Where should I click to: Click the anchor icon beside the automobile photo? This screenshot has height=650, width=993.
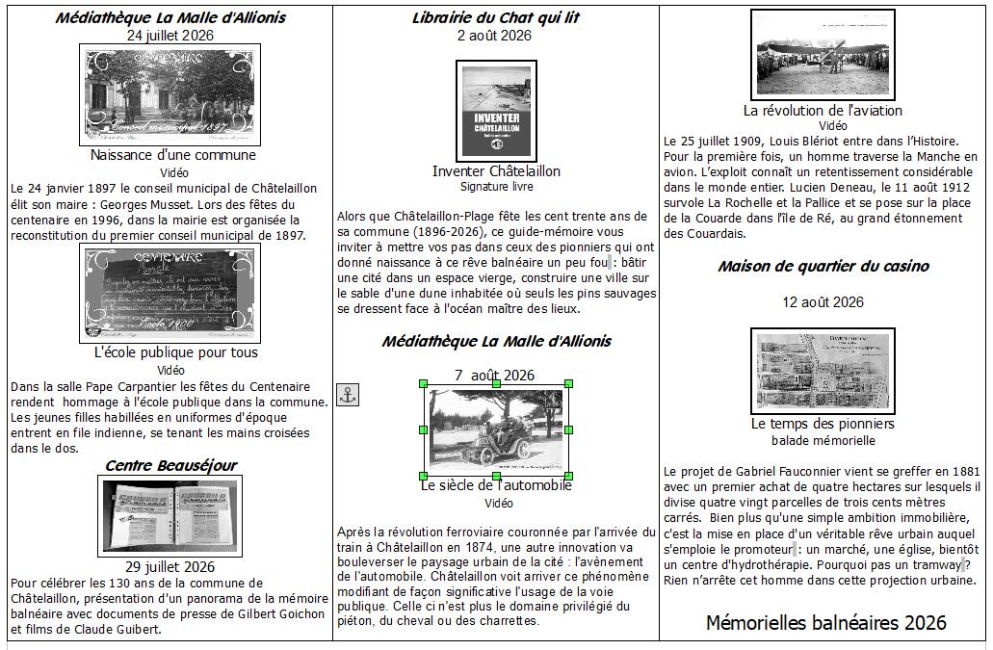coord(348,394)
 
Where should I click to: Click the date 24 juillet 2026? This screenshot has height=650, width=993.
coord(170,35)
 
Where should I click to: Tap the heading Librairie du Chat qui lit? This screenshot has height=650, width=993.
coord(496,17)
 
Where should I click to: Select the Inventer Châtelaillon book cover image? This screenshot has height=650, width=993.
coord(496,111)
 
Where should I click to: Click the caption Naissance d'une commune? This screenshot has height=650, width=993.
coord(173,155)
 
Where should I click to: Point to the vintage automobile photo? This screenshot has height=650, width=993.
coord(496,429)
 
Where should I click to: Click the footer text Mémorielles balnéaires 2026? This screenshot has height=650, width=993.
coord(825,623)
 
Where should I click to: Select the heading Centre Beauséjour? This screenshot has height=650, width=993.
coord(170,465)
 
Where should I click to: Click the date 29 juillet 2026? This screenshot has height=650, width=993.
coord(170,566)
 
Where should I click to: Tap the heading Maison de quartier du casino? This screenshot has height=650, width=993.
coord(823,266)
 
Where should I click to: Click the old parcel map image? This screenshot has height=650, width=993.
coord(823,372)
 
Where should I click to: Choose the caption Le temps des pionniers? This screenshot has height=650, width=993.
coord(823,424)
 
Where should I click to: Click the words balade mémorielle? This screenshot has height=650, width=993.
coord(823,440)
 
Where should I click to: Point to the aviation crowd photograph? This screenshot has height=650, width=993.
coord(822,53)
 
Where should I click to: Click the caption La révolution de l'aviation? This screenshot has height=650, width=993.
coord(823,110)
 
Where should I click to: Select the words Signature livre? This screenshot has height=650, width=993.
coord(496,187)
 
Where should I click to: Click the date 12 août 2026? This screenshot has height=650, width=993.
coord(823,302)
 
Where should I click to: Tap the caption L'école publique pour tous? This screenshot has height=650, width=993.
coord(176,352)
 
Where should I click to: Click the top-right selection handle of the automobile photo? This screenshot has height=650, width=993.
coord(568,383)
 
